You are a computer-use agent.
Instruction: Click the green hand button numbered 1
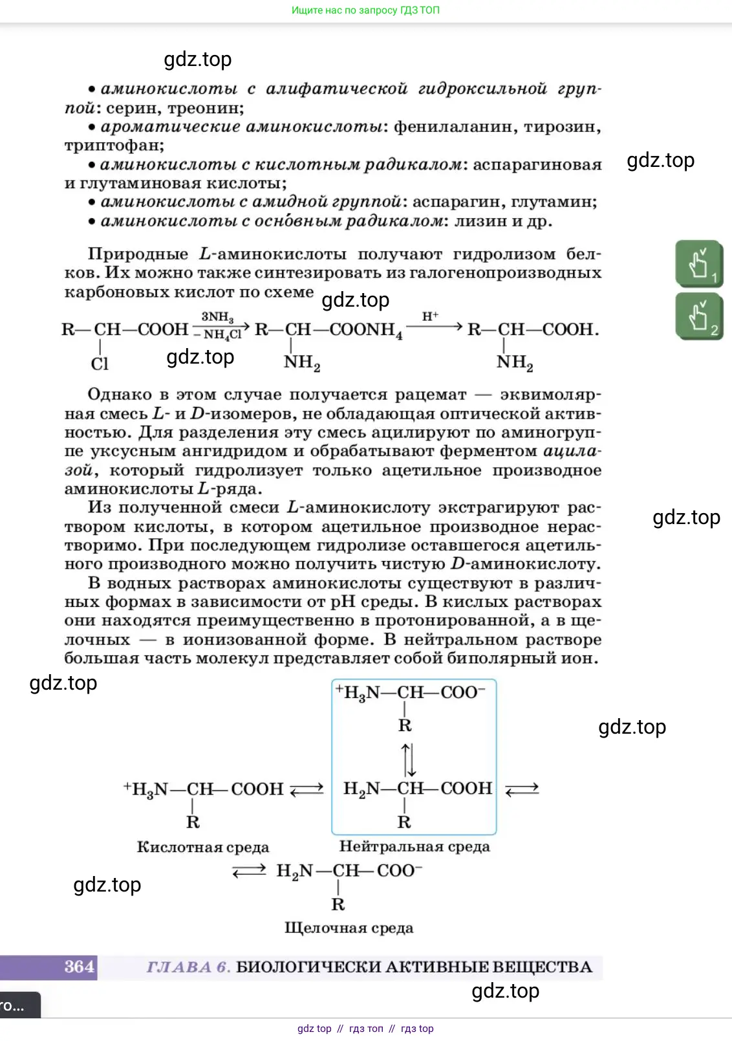click(699, 264)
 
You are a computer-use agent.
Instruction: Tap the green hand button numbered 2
click(699, 316)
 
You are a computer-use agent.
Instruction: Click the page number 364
click(80, 967)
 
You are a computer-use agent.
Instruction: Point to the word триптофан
click(113, 146)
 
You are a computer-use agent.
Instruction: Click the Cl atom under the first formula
click(100, 364)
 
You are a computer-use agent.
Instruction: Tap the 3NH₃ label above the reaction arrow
click(217, 316)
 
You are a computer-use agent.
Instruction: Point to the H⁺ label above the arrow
click(430, 316)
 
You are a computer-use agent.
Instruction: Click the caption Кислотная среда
click(202, 847)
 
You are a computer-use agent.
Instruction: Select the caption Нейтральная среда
click(414, 846)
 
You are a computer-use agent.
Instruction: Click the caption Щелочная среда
click(349, 928)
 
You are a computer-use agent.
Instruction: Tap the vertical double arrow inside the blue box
click(408, 759)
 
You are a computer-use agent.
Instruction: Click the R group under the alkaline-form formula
click(338, 904)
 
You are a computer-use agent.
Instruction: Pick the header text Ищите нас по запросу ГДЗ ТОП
click(365, 10)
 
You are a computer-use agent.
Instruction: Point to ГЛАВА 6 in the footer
click(188, 967)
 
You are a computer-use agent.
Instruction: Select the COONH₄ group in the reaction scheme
click(366, 330)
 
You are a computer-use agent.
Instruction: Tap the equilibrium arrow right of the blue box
click(521, 789)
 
